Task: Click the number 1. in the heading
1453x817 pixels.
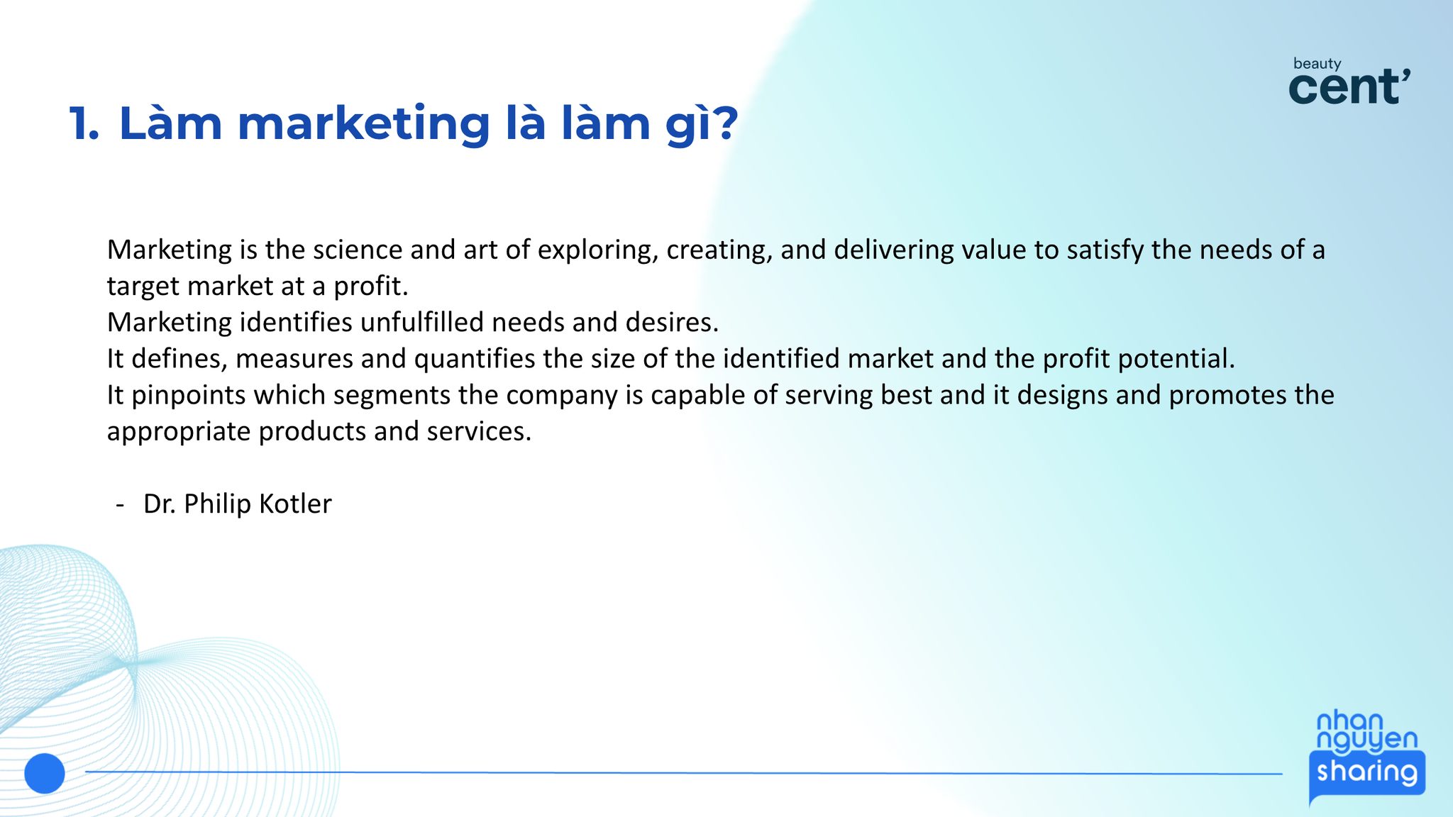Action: click(x=84, y=123)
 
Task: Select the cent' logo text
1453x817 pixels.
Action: click(x=1349, y=87)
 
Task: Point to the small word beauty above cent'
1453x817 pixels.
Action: click(x=1317, y=64)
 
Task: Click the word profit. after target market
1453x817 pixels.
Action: click(x=371, y=287)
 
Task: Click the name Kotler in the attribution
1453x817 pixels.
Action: click(x=295, y=504)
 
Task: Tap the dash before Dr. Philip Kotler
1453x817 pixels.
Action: click(x=120, y=505)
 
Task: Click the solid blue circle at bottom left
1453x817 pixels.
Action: click(x=45, y=773)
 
